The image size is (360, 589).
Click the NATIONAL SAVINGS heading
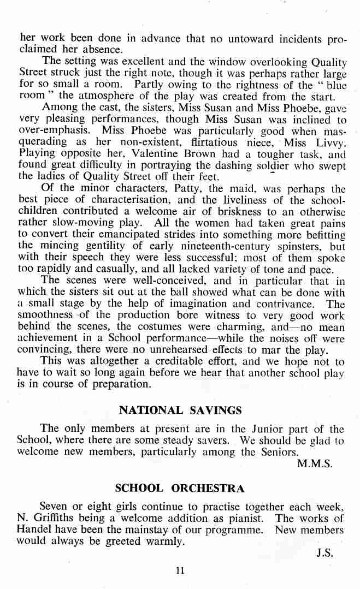pyautogui.click(x=180, y=409)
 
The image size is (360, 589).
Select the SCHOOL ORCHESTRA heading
pyautogui.click(x=180, y=488)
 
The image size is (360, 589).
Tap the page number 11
pyautogui.click(x=180, y=570)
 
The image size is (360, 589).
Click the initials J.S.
pyautogui.click(x=324, y=552)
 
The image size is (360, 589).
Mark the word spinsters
pyautogui.click(x=304, y=246)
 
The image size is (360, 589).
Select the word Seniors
pyautogui.click(x=277, y=452)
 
